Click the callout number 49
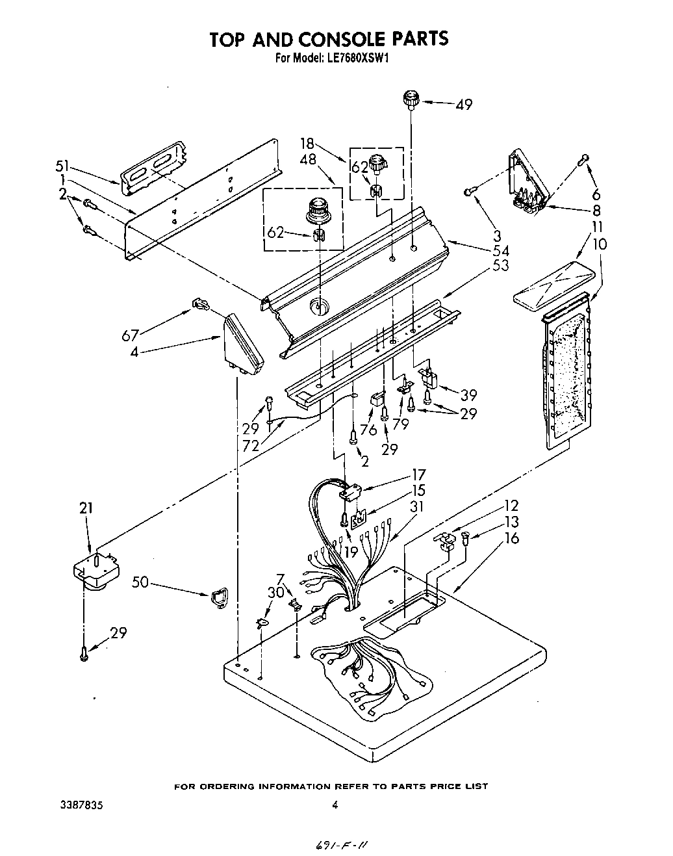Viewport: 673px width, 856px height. [x=463, y=105]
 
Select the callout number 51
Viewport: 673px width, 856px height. [x=63, y=166]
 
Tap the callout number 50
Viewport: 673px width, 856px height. [x=140, y=582]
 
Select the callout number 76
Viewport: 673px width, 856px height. [x=368, y=429]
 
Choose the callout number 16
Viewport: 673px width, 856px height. [x=512, y=538]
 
